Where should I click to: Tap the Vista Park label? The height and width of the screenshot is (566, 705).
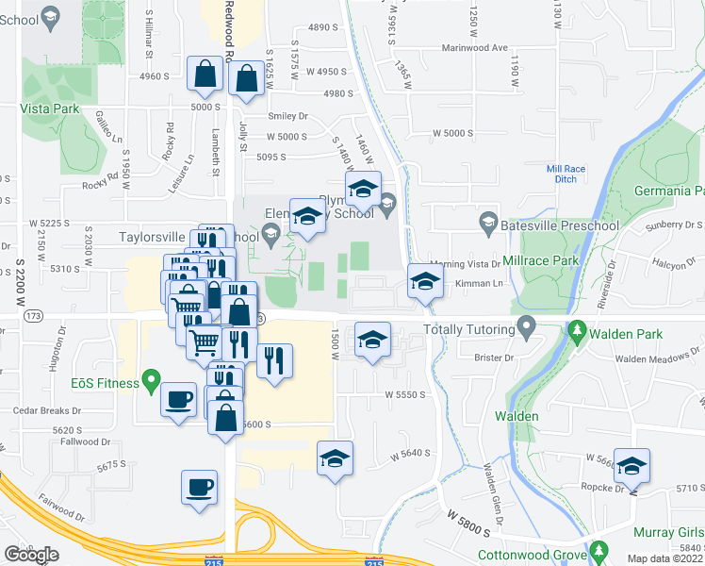coord(50,108)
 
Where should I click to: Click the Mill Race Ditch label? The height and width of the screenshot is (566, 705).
coord(566,175)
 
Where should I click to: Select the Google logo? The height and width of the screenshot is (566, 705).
coord(31,554)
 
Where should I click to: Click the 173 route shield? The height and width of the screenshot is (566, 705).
coord(34,315)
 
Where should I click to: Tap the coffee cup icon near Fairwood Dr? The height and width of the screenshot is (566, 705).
coord(199,488)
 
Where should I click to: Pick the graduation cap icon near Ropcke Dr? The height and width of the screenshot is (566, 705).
coord(632,464)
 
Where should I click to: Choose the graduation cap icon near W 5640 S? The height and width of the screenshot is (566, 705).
coord(335,458)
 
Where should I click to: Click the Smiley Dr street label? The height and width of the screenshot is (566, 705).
coord(288,116)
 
